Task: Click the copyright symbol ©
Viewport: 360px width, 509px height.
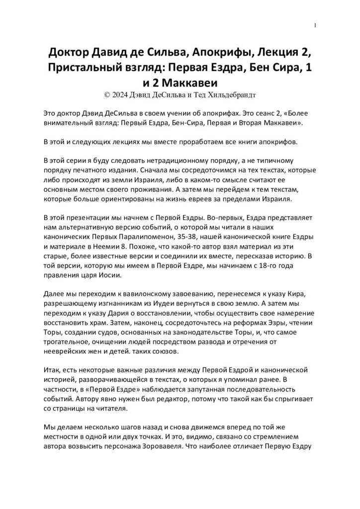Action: pyautogui.click(x=103, y=92)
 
